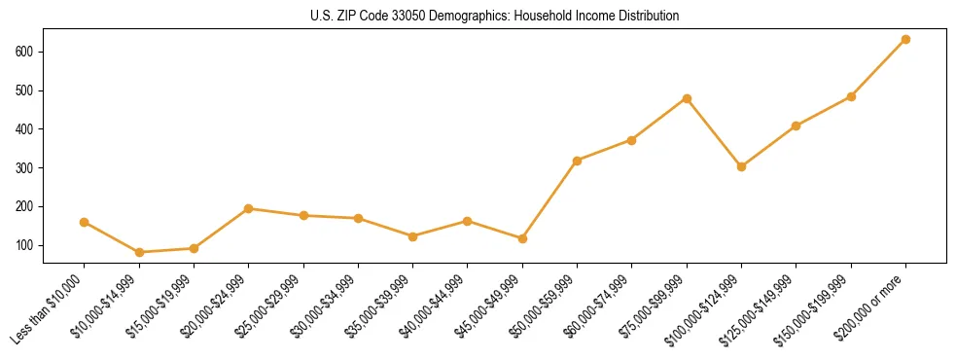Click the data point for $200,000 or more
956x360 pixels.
tap(906, 39)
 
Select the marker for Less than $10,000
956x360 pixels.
tap(85, 222)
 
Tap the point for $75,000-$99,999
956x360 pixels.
tap(688, 98)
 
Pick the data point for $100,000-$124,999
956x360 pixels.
tap(742, 166)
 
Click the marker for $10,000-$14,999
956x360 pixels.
tap(139, 252)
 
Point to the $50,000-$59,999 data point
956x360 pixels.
tap(578, 161)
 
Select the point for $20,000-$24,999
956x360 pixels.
tap(249, 208)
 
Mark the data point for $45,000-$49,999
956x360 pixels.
tap(523, 238)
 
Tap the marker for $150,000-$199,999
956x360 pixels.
tap(852, 96)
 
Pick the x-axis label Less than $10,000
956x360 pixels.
tap(51, 306)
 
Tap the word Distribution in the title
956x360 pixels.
tap(646, 17)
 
